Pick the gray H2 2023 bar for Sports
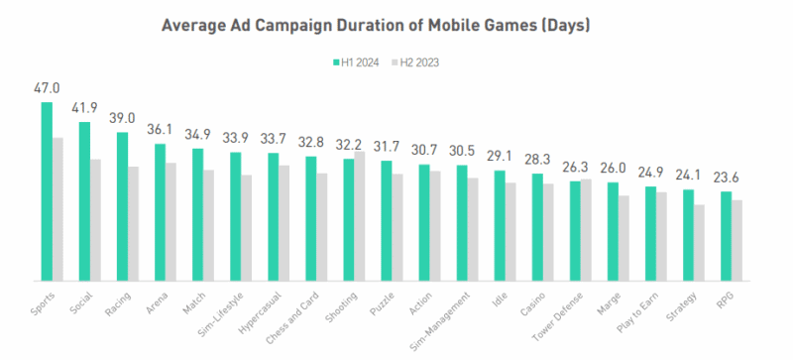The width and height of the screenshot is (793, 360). click(58, 208)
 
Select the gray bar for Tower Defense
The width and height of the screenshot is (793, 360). click(586, 229)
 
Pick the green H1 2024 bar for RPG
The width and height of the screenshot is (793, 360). click(726, 235)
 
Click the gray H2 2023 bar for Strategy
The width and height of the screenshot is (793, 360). click(700, 242)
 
